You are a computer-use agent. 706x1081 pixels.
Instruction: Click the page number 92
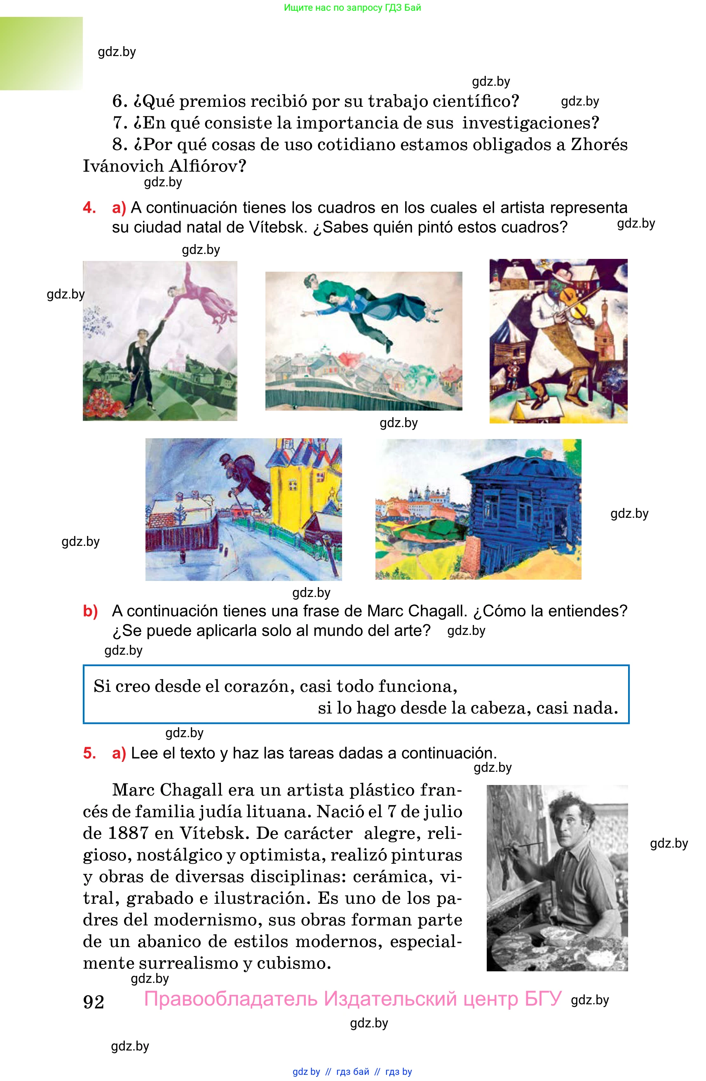pyautogui.click(x=94, y=1002)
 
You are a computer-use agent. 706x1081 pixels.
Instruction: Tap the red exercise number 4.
pyautogui.click(x=89, y=207)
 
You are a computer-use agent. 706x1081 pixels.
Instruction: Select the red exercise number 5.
pyautogui.click(x=89, y=753)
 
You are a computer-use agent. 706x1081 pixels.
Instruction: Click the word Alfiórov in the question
pyautogui.click(x=208, y=166)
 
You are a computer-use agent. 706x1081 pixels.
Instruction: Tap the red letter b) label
pyautogui.click(x=90, y=611)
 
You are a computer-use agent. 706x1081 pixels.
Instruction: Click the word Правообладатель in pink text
pyautogui.click(x=231, y=999)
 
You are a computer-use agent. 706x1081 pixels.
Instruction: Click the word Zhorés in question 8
pyautogui.click(x=599, y=144)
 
